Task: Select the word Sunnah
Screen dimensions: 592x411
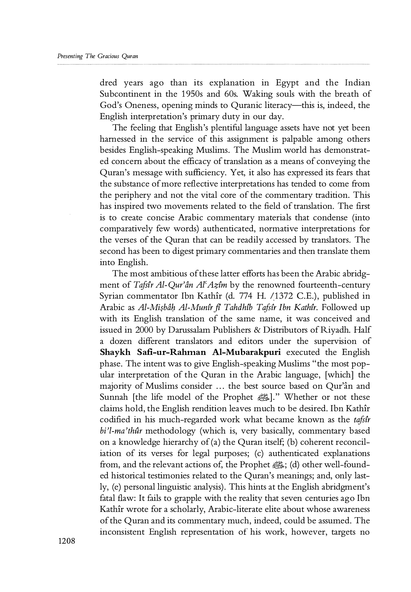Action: coord(114,397)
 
